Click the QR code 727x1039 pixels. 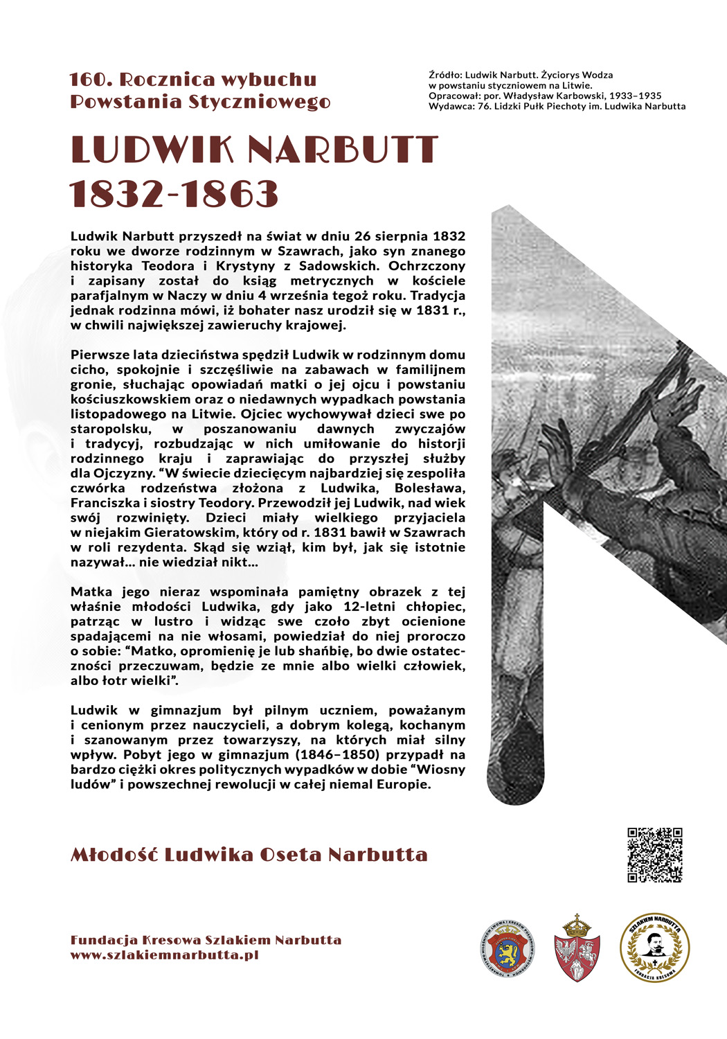tap(655, 855)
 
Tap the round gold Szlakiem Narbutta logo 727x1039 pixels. tap(654, 947)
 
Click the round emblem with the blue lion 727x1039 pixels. tap(508, 948)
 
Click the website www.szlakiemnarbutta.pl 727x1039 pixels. tap(164, 954)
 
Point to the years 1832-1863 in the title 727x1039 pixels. tap(174, 194)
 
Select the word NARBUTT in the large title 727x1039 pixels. tap(342, 150)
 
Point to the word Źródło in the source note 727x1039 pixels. tap(445, 75)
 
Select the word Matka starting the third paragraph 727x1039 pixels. tap(92, 592)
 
